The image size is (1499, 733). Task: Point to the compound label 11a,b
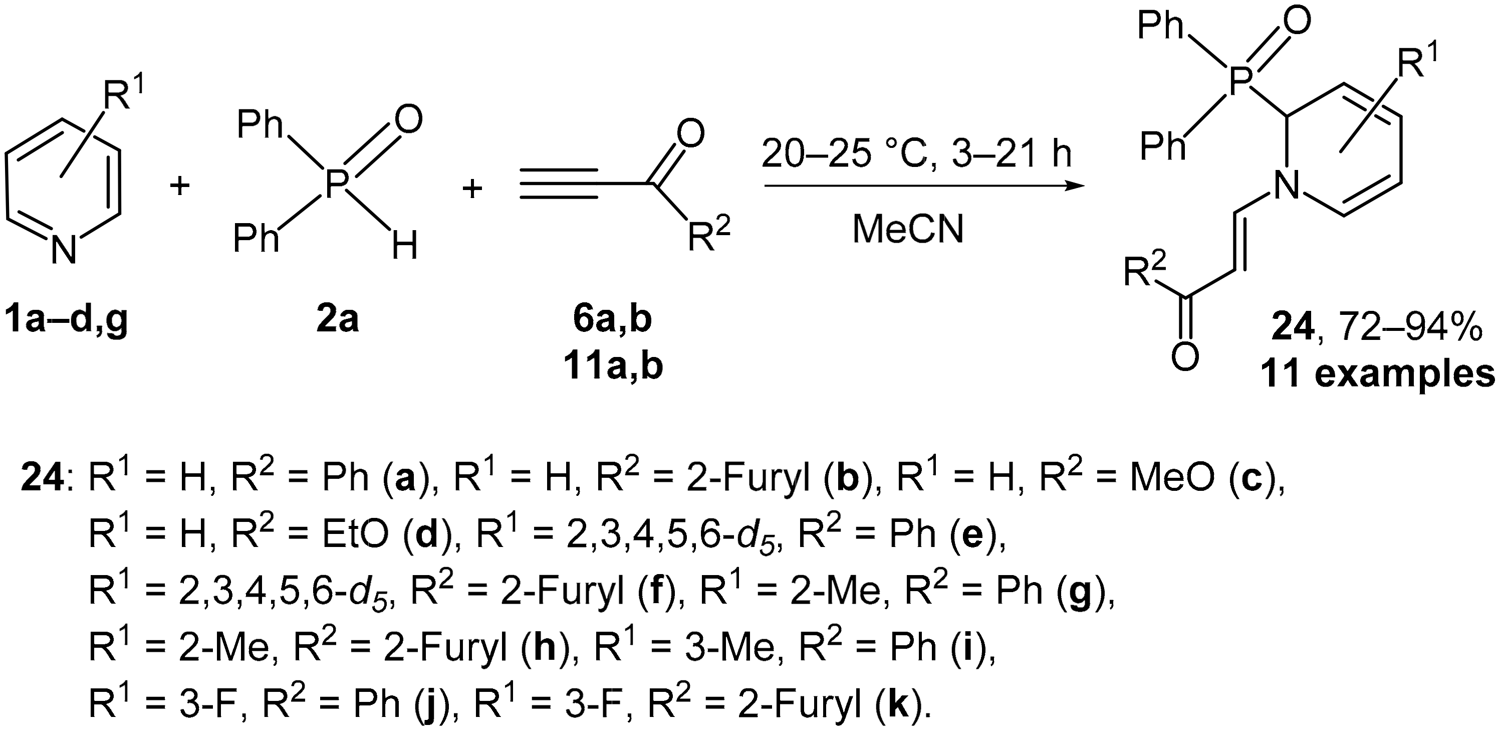coord(613,368)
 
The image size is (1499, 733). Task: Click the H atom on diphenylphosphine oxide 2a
coord(404,245)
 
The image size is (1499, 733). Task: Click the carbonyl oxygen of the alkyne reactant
coord(690,135)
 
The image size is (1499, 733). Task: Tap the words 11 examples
coord(1377,375)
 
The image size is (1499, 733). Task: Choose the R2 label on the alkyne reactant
coord(707,235)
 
